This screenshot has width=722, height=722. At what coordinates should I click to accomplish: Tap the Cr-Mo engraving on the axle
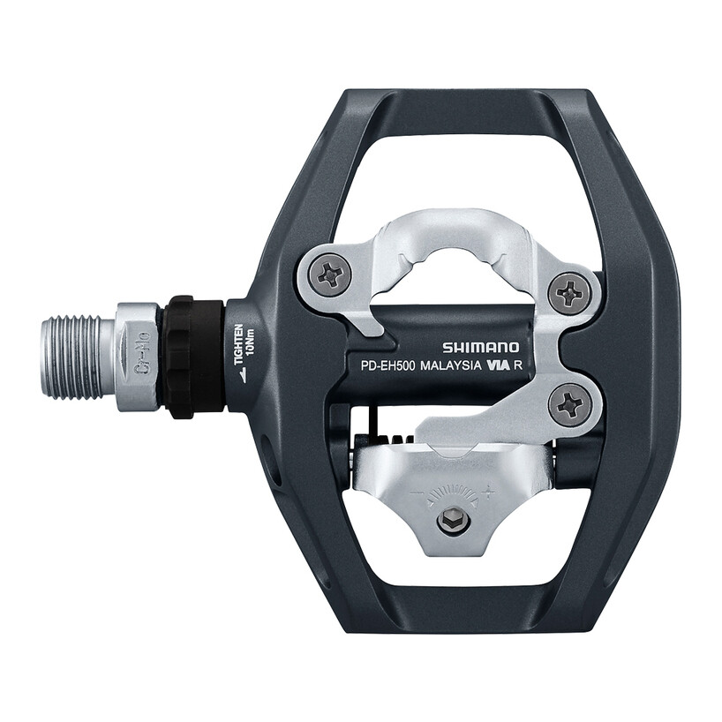point(139,357)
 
